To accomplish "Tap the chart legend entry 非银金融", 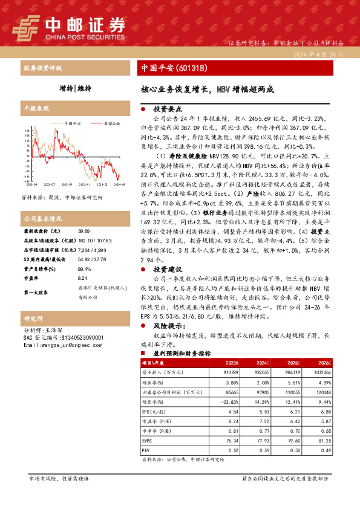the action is pyautogui.click(x=111, y=122).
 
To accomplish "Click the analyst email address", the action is pyautogui.click(x=56, y=345).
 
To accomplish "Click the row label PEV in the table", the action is pyautogui.click(x=145, y=450).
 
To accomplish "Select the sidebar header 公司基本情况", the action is pyautogui.click(x=43, y=218).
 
